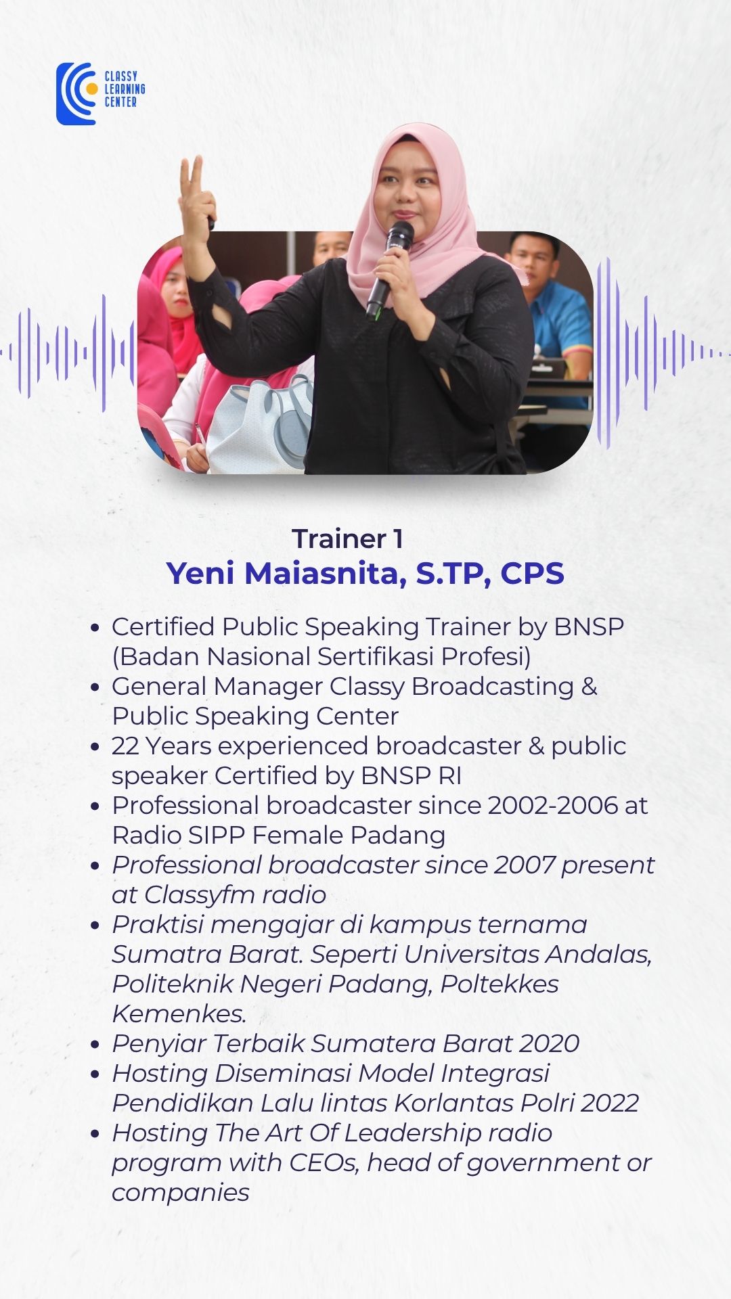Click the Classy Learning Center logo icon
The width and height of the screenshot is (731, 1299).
pyautogui.click(x=76, y=94)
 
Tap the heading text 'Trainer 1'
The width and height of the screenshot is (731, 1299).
pyautogui.click(x=348, y=539)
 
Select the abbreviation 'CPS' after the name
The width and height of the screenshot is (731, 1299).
pyautogui.click(x=532, y=573)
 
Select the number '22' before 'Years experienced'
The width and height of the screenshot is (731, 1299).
pyautogui.click(x=125, y=746)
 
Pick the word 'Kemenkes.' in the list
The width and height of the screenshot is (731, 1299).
pyautogui.click(x=179, y=1013)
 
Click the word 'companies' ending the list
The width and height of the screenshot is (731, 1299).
pyautogui.click(x=181, y=1193)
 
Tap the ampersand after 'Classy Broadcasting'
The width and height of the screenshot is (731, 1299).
pyautogui.click(x=590, y=686)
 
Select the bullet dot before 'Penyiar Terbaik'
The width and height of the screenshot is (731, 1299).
pyautogui.click(x=95, y=1045)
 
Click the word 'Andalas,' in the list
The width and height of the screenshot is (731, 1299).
pyautogui.click(x=598, y=955)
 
